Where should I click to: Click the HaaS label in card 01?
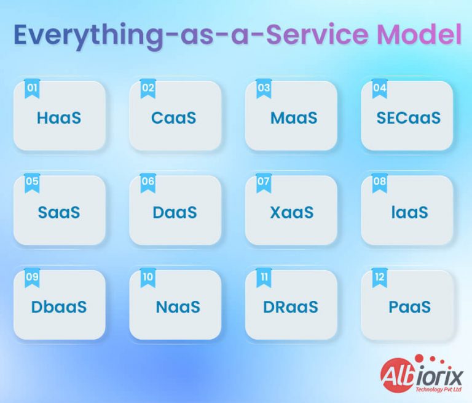tap(59, 118)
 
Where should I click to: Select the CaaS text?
tap(174, 118)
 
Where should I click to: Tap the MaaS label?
tap(294, 118)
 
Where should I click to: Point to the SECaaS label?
tap(408, 118)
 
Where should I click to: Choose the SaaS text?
tap(59, 212)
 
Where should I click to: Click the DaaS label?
tap(175, 212)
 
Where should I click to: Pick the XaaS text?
tap(292, 212)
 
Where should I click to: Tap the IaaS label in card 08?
tap(409, 212)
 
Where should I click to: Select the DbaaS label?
tap(59, 306)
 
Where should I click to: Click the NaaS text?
tap(178, 306)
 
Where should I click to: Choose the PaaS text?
tap(409, 306)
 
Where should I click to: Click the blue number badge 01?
tap(32, 89)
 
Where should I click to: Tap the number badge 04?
tap(380, 89)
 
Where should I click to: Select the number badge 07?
tap(264, 183)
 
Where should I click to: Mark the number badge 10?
tap(147, 277)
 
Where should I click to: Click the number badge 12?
tap(380, 277)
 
